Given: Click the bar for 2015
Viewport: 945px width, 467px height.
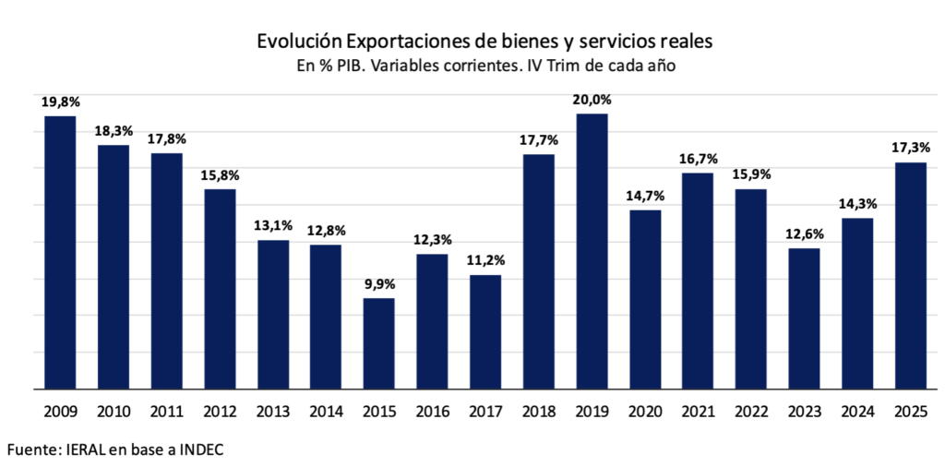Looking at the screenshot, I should click(x=378, y=343).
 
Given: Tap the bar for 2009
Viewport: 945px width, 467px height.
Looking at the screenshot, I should click(x=60, y=252).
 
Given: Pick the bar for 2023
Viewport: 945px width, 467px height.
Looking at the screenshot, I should click(x=804, y=318).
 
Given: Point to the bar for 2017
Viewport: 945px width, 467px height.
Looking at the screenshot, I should click(x=485, y=332).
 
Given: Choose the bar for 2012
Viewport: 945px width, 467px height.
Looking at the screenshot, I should click(x=220, y=289).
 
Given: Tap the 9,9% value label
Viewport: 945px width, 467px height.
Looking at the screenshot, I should click(x=378, y=283).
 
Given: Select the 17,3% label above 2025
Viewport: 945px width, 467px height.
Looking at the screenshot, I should click(x=910, y=148).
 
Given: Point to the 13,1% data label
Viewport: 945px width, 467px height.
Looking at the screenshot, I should click(x=273, y=225).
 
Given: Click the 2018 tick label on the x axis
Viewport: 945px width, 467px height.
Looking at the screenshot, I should click(x=539, y=412).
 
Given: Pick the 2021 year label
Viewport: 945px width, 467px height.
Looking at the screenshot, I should click(x=698, y=412).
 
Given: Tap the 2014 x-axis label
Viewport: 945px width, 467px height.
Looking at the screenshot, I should click(x=326, y=412).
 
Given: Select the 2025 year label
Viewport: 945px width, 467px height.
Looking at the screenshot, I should click(x=910, y=412).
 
